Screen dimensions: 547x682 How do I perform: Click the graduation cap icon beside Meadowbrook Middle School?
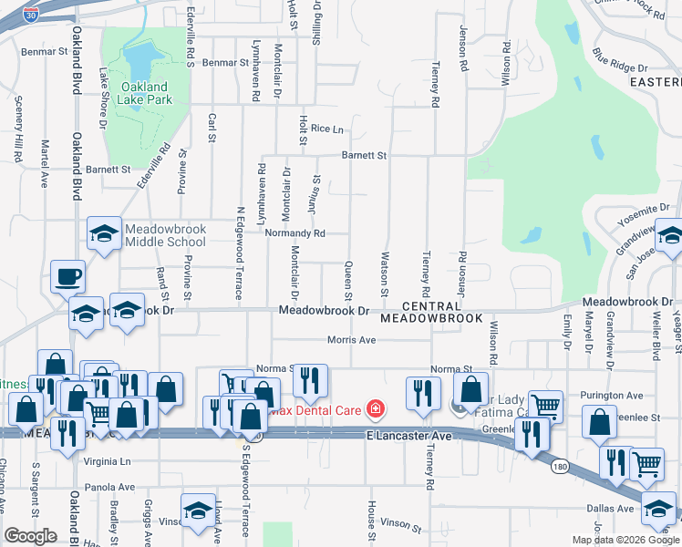coord(104,234)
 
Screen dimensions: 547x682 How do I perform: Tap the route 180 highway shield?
coord(562,466)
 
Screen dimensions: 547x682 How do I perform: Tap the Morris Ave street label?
coord(351,340)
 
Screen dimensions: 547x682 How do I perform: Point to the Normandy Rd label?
coord(294,233)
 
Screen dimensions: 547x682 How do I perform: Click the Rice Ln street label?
coord(327,129)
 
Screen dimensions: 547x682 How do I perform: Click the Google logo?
coord(30,536)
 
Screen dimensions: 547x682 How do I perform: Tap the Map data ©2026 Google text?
coord(625,540)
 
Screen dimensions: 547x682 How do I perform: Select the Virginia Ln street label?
coord(108,461)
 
